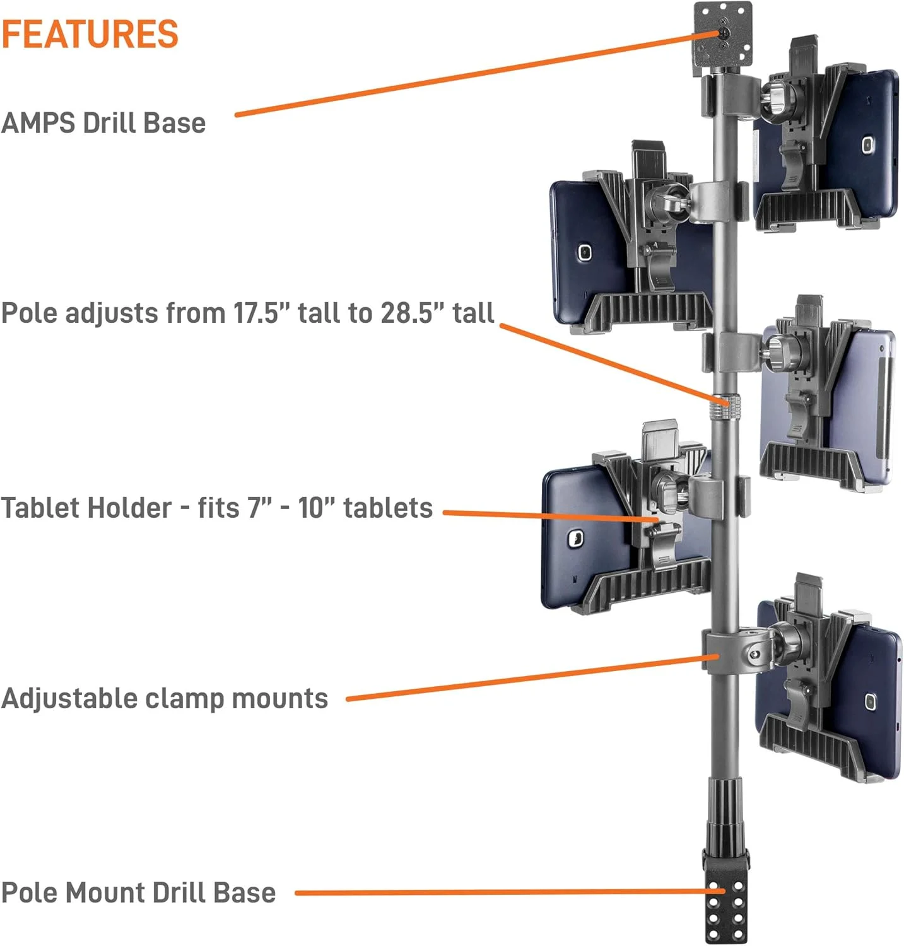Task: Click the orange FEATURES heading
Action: [90, 34]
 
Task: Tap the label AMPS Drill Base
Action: [103, 123]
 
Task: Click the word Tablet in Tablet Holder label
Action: [42, 508]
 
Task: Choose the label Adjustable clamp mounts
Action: [165, 698]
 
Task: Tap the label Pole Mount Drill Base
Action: [138, 892]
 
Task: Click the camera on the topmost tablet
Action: [867, 145]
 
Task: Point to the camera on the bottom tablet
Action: [871, 701]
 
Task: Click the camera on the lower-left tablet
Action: [575, 538]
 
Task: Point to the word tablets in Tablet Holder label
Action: [388, 508]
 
